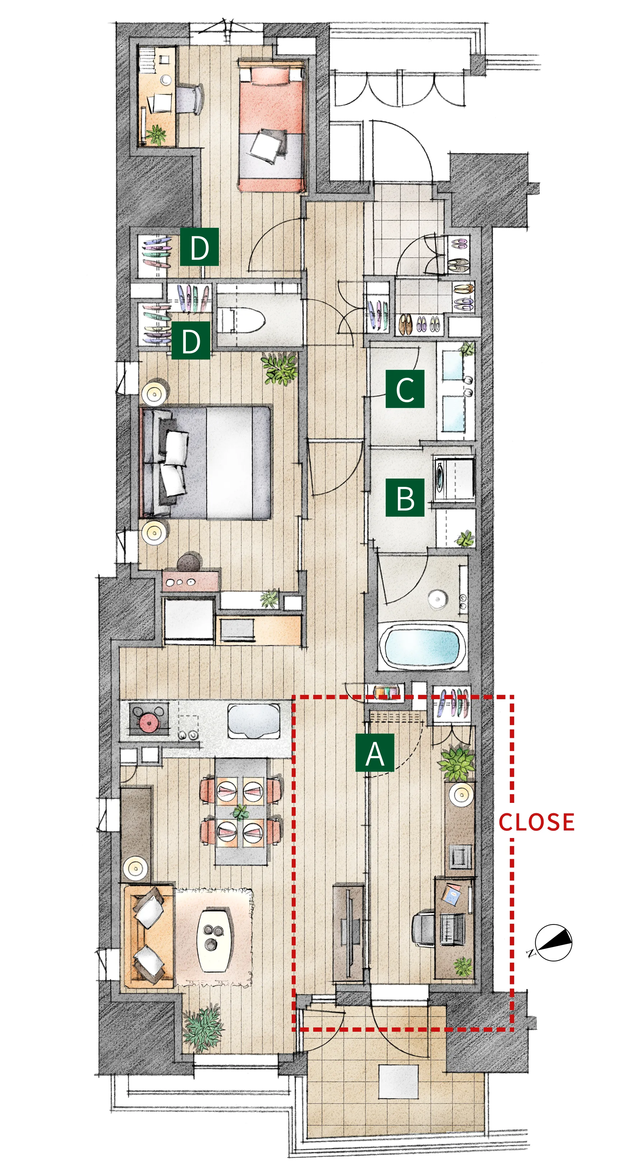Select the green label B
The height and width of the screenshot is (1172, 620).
tap(405, 497)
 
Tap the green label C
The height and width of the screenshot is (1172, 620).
tap(405, 389)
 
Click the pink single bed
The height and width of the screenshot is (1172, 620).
tap(272, 126)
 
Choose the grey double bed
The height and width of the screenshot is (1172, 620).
tap(206, 462)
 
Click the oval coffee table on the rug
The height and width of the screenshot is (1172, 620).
tap(215, 940)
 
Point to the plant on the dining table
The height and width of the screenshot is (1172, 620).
tap(241, 811)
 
